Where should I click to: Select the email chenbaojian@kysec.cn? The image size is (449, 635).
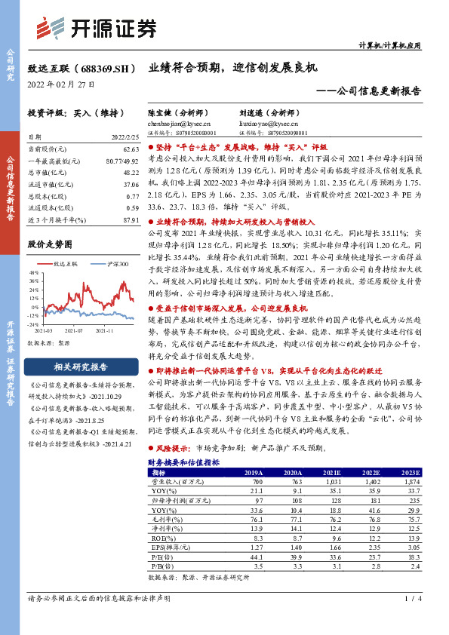click(179, 123)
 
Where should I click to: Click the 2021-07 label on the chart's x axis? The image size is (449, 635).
click(72, 330)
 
